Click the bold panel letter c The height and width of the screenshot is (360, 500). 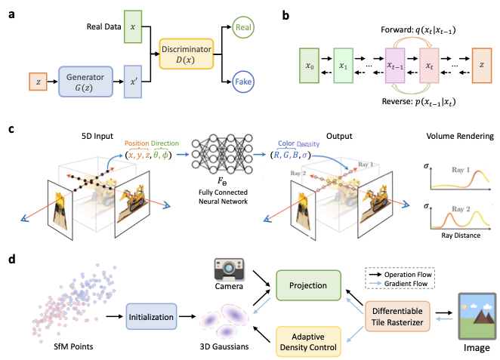(11, 130)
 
